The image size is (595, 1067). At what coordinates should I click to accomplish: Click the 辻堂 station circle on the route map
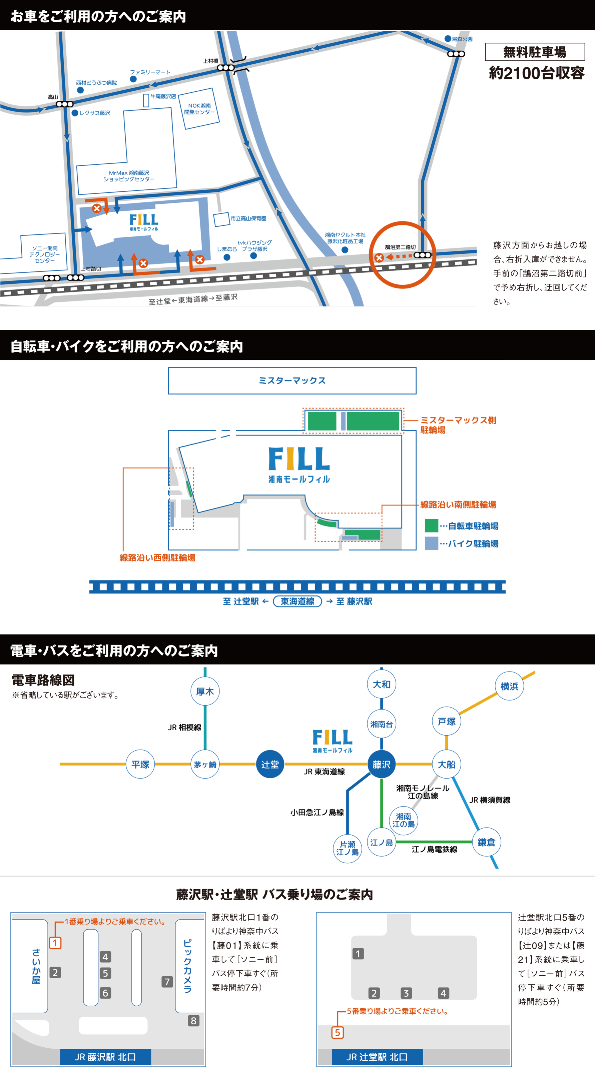click(x=270, y=764)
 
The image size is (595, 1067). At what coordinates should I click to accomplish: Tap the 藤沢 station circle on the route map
click(x=381, y=764)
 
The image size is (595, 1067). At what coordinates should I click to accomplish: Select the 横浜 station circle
click(x=509, y=686)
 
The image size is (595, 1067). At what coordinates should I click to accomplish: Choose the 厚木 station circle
click(x=205, y=691)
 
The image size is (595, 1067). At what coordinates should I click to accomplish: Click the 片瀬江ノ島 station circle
click(x=347, y=848)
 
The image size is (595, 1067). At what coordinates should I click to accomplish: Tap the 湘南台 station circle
click(x=381, y=724)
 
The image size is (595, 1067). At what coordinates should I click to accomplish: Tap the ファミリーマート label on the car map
click(x=150, y=72)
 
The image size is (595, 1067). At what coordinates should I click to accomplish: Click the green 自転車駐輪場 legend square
click(x=431, y=525)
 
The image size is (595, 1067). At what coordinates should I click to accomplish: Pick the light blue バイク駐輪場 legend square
click(x=431, y=543)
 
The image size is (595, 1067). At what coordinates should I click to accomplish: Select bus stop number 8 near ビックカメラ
click(x=193, y=1021)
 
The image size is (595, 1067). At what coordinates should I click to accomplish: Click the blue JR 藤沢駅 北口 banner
click(x=105, y=1057)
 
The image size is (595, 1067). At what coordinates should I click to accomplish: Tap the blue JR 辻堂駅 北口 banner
click(x=377, y=1057)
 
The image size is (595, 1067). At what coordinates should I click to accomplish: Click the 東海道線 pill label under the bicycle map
click(x=297, y=601)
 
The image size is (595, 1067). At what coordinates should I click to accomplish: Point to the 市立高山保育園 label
click(x=248, y=218)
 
